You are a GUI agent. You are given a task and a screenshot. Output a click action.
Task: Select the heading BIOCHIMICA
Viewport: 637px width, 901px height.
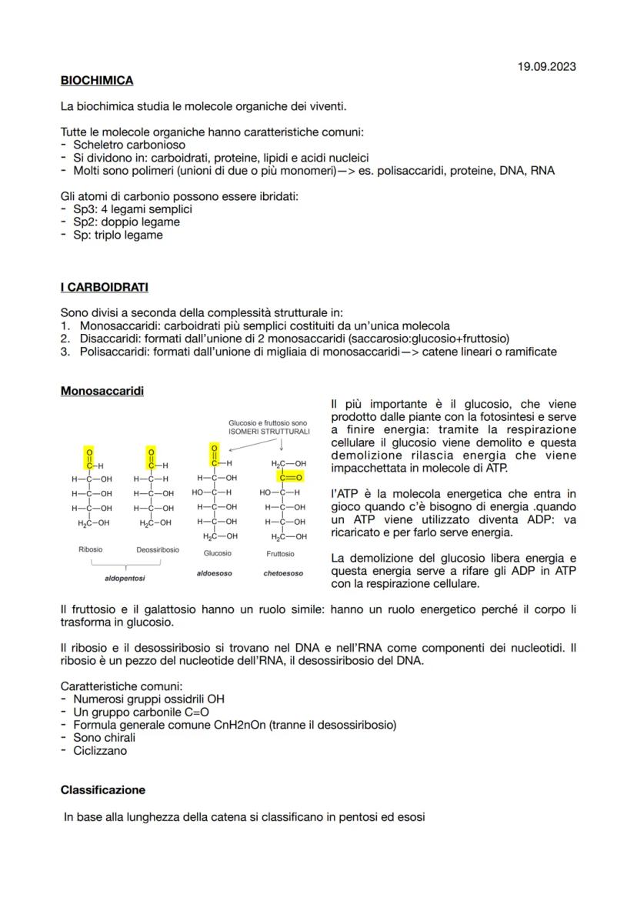(x=97, y=80)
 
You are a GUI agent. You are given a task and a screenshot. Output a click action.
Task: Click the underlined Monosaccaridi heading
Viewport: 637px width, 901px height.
(x=102, y=391)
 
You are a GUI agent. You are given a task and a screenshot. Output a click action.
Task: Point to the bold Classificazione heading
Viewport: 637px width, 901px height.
(x=102, y=790)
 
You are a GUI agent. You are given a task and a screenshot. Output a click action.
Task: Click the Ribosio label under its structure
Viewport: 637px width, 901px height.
(x=90, y=550)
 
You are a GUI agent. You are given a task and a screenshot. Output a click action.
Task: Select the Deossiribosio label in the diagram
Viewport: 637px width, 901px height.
(x=158, y=550)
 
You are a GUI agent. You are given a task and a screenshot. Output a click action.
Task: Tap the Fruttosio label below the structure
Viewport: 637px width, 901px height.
(x=280, y=553)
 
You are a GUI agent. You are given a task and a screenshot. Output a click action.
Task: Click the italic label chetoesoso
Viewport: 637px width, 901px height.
(x=283, y=573)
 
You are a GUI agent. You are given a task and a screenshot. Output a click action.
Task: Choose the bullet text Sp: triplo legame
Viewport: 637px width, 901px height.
(x=118, y=235)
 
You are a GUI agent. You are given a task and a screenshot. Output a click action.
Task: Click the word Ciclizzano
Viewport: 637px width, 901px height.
(x=100, y=751)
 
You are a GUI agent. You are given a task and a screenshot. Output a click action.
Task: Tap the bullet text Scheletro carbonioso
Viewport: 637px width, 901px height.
(x=129, y=145)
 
